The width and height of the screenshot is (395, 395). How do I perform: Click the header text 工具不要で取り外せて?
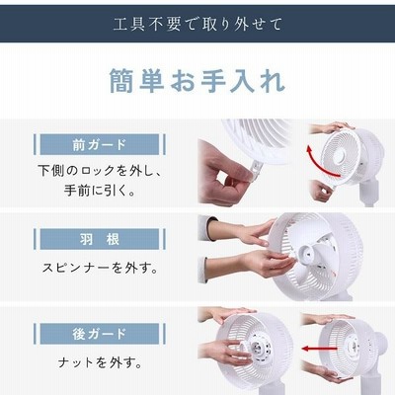[x=197, y=25]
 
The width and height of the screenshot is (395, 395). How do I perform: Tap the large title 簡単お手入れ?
[x=197, y=81]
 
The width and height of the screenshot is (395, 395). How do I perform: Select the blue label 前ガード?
[x=100, y=144]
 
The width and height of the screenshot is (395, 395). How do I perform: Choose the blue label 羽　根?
[x=100, y=239]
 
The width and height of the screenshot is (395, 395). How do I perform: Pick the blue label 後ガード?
[x=100, y=334]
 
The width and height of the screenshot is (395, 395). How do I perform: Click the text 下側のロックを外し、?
[x=100, y=171]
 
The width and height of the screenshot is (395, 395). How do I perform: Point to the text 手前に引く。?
[x=100, y=191]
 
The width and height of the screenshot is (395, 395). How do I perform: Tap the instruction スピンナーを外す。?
[x=100, y=268]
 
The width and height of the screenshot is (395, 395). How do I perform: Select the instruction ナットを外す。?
[x=100, y=362]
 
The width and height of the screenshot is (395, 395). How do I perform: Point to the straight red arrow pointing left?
[x=318, y=349]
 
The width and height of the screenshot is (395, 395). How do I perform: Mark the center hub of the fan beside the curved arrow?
[x=340, y=157]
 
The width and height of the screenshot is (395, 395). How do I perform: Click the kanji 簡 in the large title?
[x=121, y=81]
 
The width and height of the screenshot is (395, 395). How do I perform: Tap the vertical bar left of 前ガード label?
[x=35, y=144]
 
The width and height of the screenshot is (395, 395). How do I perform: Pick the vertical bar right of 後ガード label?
[x=164, y=334]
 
